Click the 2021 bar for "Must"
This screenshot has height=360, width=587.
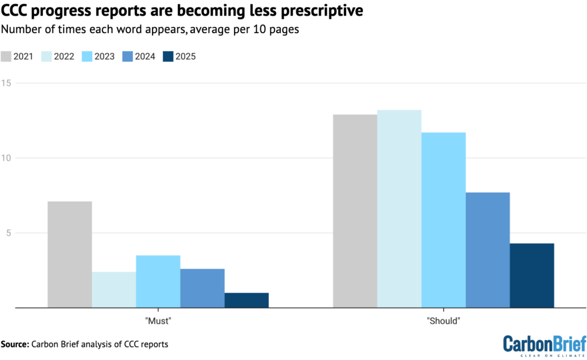[69, 255]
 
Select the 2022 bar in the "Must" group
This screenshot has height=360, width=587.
[114, 289]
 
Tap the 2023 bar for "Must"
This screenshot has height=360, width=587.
[158, 281]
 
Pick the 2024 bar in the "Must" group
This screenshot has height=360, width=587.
[202, 288]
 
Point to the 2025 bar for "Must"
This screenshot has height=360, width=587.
[246, 300]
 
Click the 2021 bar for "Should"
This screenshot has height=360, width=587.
[355, 211]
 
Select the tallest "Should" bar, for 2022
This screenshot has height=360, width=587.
[399, 209]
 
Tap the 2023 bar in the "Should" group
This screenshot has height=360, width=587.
[443, 220]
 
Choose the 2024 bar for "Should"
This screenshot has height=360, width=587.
[488, 250]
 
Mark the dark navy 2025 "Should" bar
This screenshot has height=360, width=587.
[532, 276]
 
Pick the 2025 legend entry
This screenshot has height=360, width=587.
[177, 56]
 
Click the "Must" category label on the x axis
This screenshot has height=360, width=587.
[158, 322]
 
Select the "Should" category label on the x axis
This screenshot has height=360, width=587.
[443, 322]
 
